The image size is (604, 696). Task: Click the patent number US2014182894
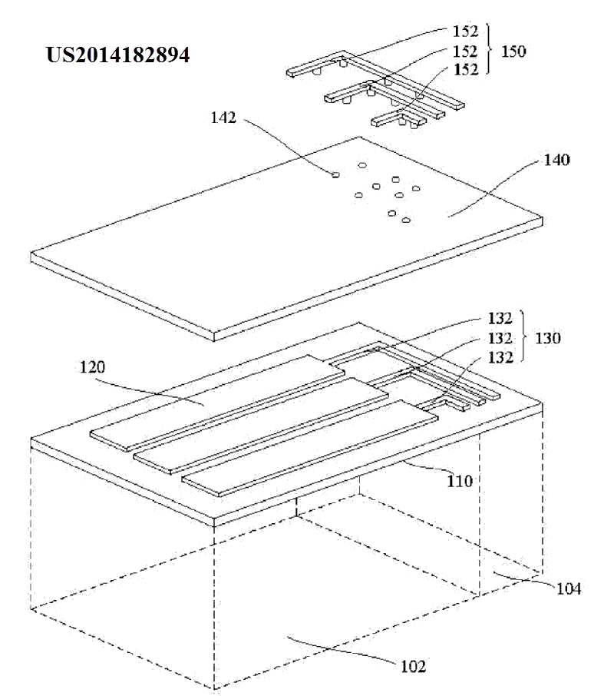pyautogui.click(x=118, y=55)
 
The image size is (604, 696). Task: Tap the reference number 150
pyautogui.click(x=513, y=51)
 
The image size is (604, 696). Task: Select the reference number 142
pyautogui.click(x=223, y=118)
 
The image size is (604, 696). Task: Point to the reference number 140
pyautogui.click(x=556, y=160)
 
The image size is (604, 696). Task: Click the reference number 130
pyautogui.click(x=548, y=338)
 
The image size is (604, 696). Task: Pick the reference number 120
pyautogui.click(x=92, y=367)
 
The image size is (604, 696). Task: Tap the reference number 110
pyautogui.click(x=460, y=481)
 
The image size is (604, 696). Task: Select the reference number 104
pyautogui.click(x=569, y=589)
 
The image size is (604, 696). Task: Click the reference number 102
pyautogui.click(x=413, y=666)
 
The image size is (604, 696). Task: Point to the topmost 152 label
pyautogui.click(x=465, y=31)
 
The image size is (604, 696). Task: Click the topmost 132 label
pyautogui.click(x=500, y=318)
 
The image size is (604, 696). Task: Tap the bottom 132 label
pyautogui.click(x=500, y=357)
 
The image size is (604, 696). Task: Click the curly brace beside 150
pyautogui.click(x=490, y=48)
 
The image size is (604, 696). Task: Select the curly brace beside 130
pyautogui.click(x=523, y=336)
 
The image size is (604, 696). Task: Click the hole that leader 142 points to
pyautogui.click(x=335, y=175)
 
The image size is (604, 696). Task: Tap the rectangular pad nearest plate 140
pyautogui.click(x=217, y=403)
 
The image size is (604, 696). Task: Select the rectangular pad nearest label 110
pyautogui.click(x=310, y=448)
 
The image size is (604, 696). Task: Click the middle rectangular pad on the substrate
pyautogui.click(x=261, y=426)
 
